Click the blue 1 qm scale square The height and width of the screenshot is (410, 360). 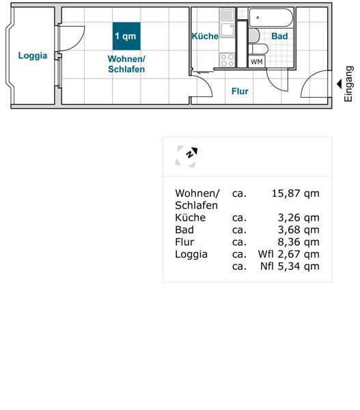coord(126,36)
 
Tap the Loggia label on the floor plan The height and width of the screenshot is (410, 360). coord(33,56)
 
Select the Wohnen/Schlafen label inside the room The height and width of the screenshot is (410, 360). coord(126,64)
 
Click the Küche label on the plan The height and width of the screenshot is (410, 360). coord(205,36)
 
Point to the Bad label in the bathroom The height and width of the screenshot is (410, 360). coord(279,36)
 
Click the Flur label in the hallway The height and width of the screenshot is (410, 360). coord(240,92)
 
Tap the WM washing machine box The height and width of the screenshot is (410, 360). coord(256,61)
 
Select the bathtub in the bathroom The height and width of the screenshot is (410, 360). coord(271,18)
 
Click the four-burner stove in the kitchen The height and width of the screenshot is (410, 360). coord(227,60)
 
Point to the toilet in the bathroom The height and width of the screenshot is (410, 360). coord(258,49)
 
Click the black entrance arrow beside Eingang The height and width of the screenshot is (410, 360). coord(339,84)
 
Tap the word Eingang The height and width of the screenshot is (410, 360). coord(348,83)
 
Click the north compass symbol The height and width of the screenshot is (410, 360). coord(186,156)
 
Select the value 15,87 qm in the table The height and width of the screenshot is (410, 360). coord(295,193)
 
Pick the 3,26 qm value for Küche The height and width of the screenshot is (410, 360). coord(299,217)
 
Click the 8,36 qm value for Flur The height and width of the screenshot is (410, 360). coord(299,242)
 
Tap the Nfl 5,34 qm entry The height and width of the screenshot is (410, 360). coord(290,266)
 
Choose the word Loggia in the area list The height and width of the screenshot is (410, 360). coord(191,254)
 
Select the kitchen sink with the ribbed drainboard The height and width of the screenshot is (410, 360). coord(227,23)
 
